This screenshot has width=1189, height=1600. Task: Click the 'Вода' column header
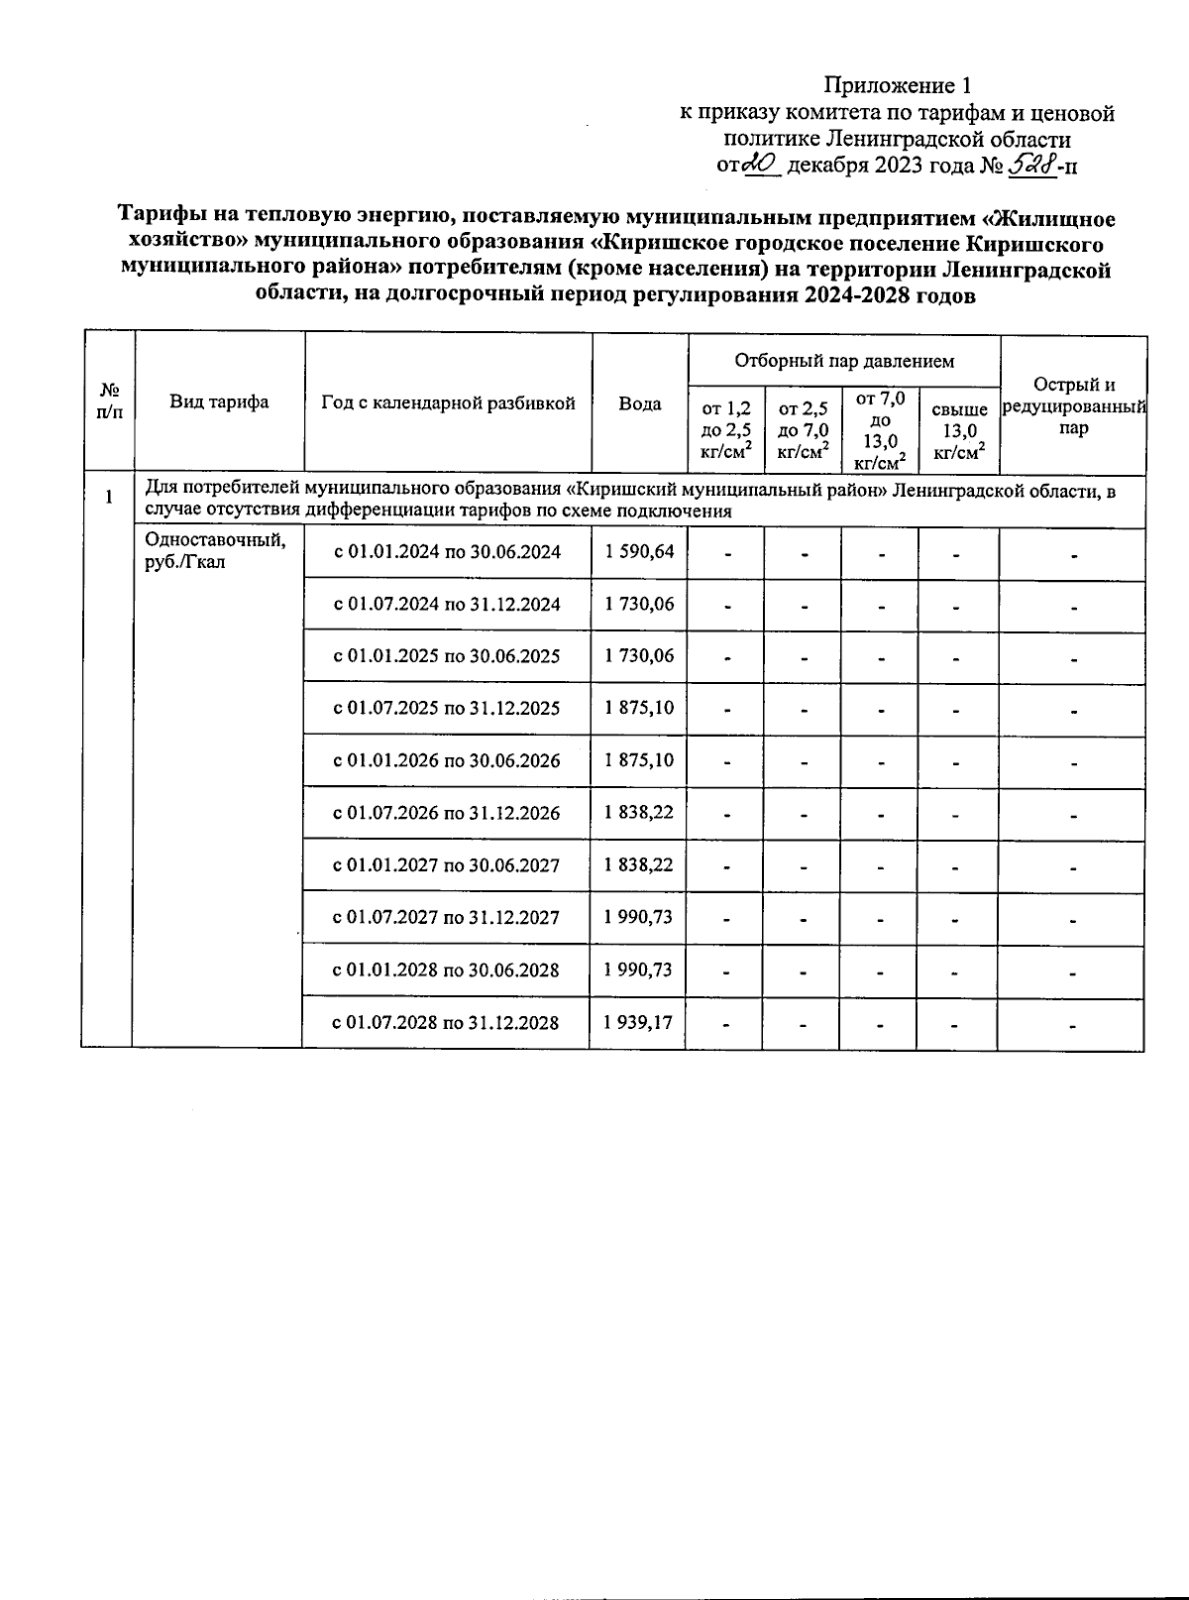[640, 403]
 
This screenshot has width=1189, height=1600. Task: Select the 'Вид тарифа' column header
[219, 401]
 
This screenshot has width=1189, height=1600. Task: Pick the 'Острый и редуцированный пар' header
[1073, 406]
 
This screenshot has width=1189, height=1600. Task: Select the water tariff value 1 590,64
[639, 551]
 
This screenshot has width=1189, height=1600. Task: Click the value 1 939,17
[639, 1022]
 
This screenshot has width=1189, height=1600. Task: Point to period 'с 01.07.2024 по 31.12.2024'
[446, 604]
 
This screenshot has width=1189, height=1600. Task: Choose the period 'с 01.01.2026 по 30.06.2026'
[446, 760]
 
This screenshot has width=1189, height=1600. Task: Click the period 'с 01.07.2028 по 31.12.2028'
[446, 1022]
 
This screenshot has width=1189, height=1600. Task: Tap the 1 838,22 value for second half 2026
[639, 813]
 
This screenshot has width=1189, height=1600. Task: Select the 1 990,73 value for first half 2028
[639, 970]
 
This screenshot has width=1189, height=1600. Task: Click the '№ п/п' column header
[109, 401]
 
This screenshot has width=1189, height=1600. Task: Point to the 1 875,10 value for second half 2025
[639, 708]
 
